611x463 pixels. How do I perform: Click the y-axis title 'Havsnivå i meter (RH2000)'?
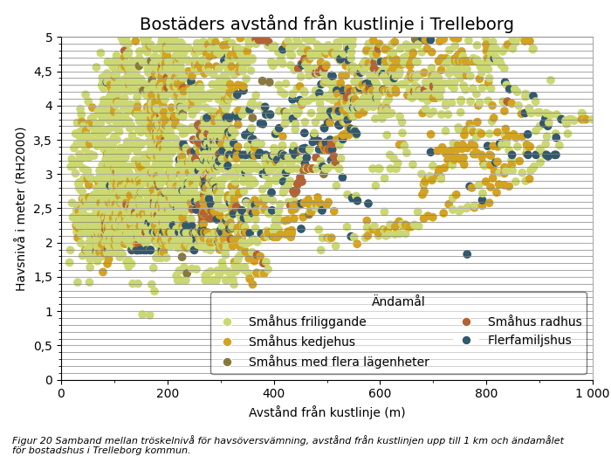tap(20, 208)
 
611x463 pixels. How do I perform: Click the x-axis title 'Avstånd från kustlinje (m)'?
tap(326, 412)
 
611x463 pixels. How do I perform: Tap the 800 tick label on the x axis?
tap(486, 393)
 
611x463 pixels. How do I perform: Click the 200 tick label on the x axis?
tap(168, 393)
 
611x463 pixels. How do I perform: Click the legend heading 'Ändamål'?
tap(398, 301)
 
